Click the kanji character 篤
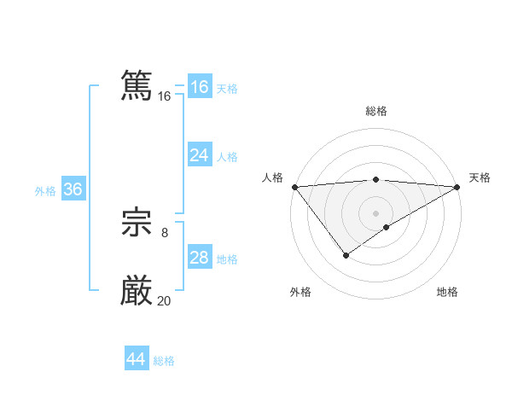tap(137, 86)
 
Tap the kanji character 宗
tap(137, 224)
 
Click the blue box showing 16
tap(200, 87)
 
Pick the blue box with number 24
tap(200, 155)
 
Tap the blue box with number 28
tap(200, 258)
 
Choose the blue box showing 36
tap(73, 189)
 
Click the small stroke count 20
tap(164, 300)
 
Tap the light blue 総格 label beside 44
tap(164, 361)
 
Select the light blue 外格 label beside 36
tap(45, 191)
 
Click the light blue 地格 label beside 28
tap(227, 259)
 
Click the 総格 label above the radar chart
tap(375, 111)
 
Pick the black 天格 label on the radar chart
tap(480, 177)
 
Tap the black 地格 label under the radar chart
tap(447, 293)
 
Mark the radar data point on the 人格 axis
tap(294, 187)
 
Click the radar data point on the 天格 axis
tap(457, 187)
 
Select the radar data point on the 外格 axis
tap(346, 254)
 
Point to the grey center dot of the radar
tap(375, 212)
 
